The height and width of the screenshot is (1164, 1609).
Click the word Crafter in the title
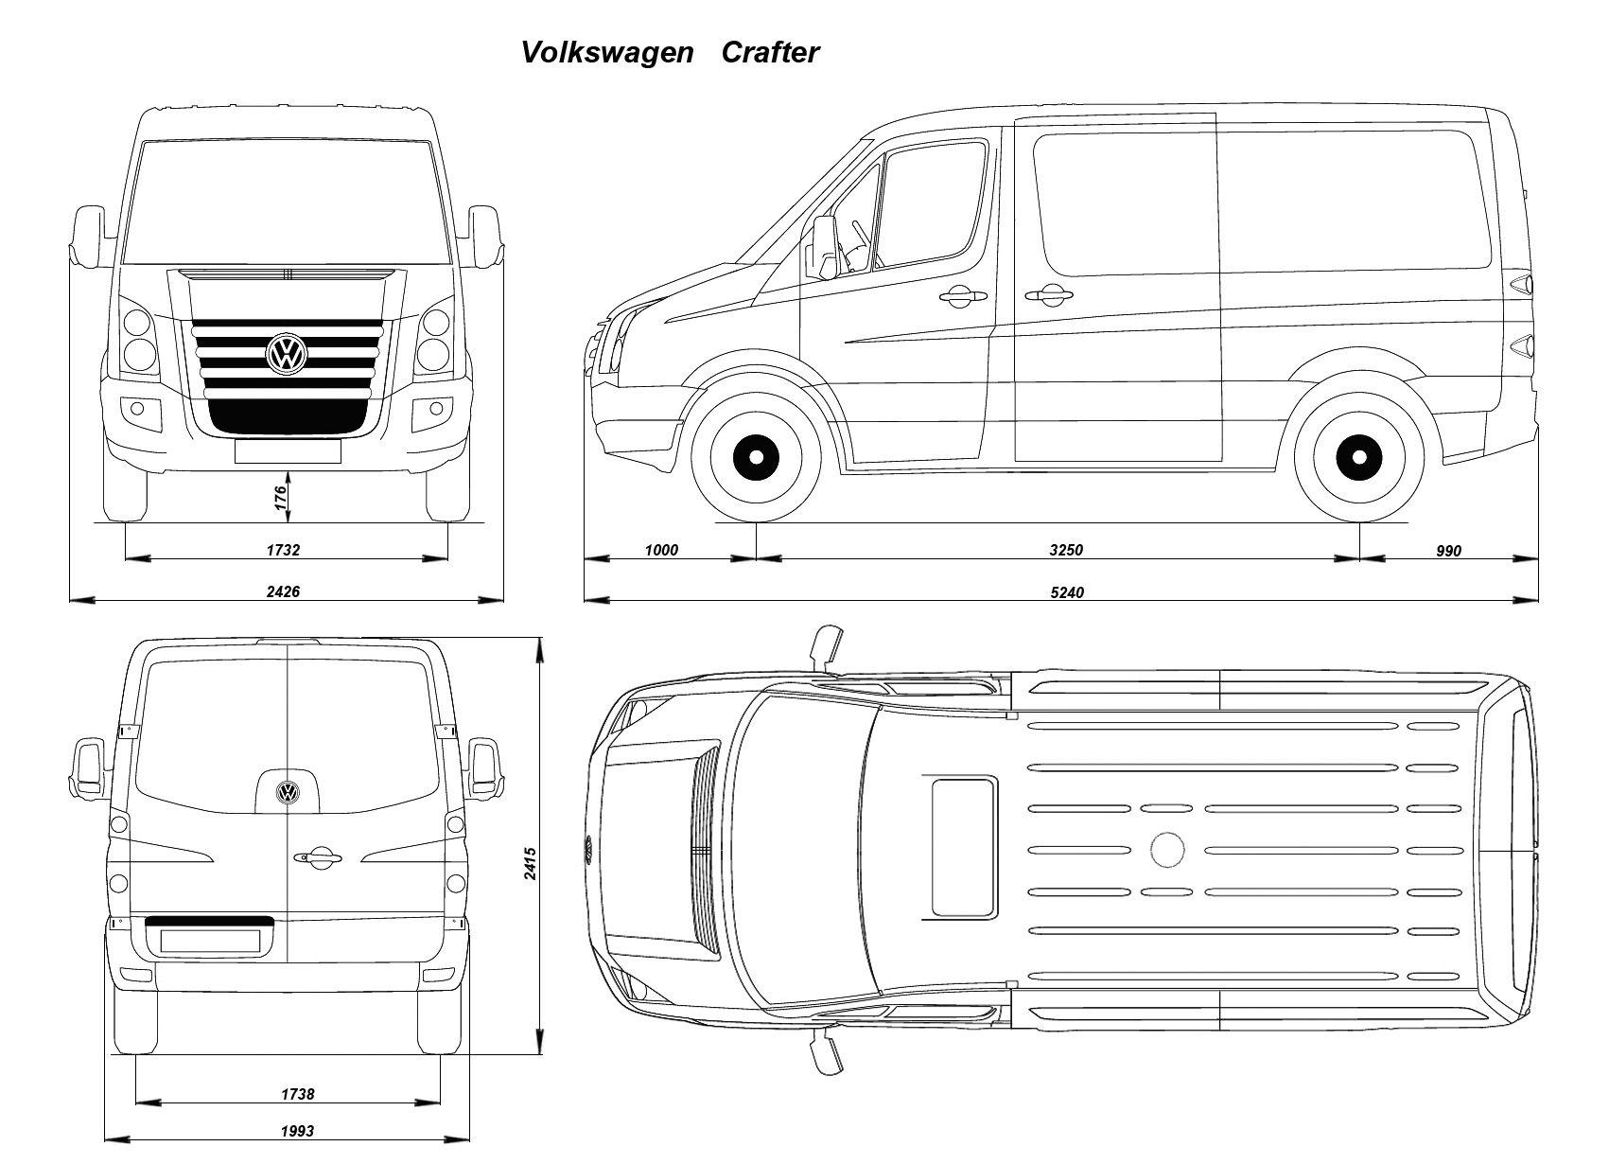point(770,52)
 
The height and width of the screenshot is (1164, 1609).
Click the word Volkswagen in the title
point(607,53)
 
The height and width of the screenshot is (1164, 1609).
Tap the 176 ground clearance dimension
point(281,497)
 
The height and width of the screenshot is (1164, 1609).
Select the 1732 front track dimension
point(283,550)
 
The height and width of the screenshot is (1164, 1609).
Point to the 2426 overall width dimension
point(283,591)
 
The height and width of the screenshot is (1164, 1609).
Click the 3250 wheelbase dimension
point(1066,550)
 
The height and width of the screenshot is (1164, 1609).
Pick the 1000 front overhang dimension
point(661,550)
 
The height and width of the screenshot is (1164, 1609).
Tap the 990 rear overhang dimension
point(1449,551)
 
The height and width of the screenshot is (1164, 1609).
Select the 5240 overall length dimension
point(1067,592)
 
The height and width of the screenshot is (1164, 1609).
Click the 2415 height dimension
point(530,863)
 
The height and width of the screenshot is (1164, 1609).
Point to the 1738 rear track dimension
point(297,1094)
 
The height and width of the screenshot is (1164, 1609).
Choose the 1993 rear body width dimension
point(297,1131)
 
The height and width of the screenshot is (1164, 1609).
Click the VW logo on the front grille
point(287,354)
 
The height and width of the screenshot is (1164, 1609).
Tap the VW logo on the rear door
point(289,792)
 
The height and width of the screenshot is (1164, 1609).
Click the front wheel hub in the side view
point(756,457)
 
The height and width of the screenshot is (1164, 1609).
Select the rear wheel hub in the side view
point(1359,457)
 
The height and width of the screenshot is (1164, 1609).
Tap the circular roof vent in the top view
point(1167,850)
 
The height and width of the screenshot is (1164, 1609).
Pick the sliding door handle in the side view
point(1049,294)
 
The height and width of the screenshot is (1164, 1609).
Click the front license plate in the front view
point(288,451)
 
